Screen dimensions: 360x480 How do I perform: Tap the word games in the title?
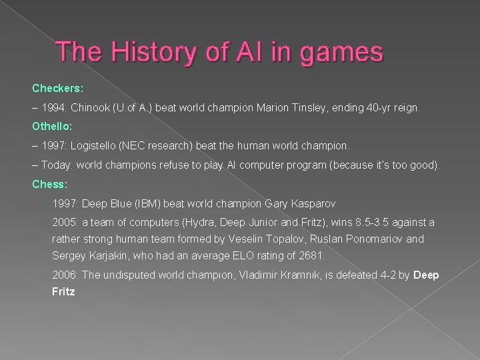(x=343, y=53)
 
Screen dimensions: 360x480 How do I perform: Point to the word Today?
(x=55, y=165)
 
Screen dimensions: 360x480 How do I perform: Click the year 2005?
(x=65, y=223)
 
